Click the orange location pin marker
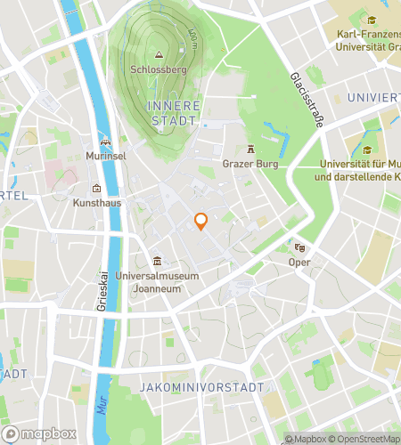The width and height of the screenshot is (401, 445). (x=200, y=222)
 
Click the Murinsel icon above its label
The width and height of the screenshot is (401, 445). (x=106, y=142)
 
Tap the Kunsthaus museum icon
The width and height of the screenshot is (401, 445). (x=97, y=188)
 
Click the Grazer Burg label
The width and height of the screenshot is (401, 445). (x=251, y=164)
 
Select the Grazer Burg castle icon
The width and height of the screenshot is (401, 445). (x=251, y=150)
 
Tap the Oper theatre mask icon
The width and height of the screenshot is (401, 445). (x=298, y=247)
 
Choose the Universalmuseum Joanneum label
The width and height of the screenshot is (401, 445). (x=157, y=280)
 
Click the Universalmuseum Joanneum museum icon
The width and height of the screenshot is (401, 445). (x=157, y=261)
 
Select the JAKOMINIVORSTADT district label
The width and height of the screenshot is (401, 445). (x=202, y=388)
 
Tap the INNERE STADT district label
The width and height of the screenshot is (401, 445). (x=171, y=111)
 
